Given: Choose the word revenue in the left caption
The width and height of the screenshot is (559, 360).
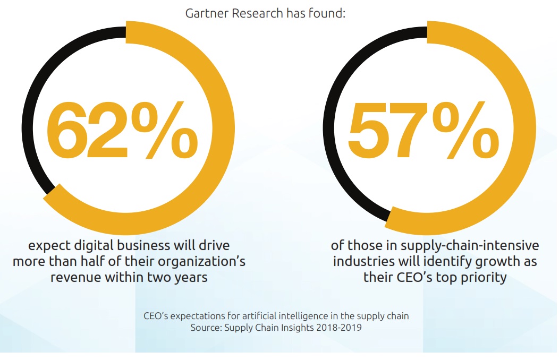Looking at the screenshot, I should point(75,277).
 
